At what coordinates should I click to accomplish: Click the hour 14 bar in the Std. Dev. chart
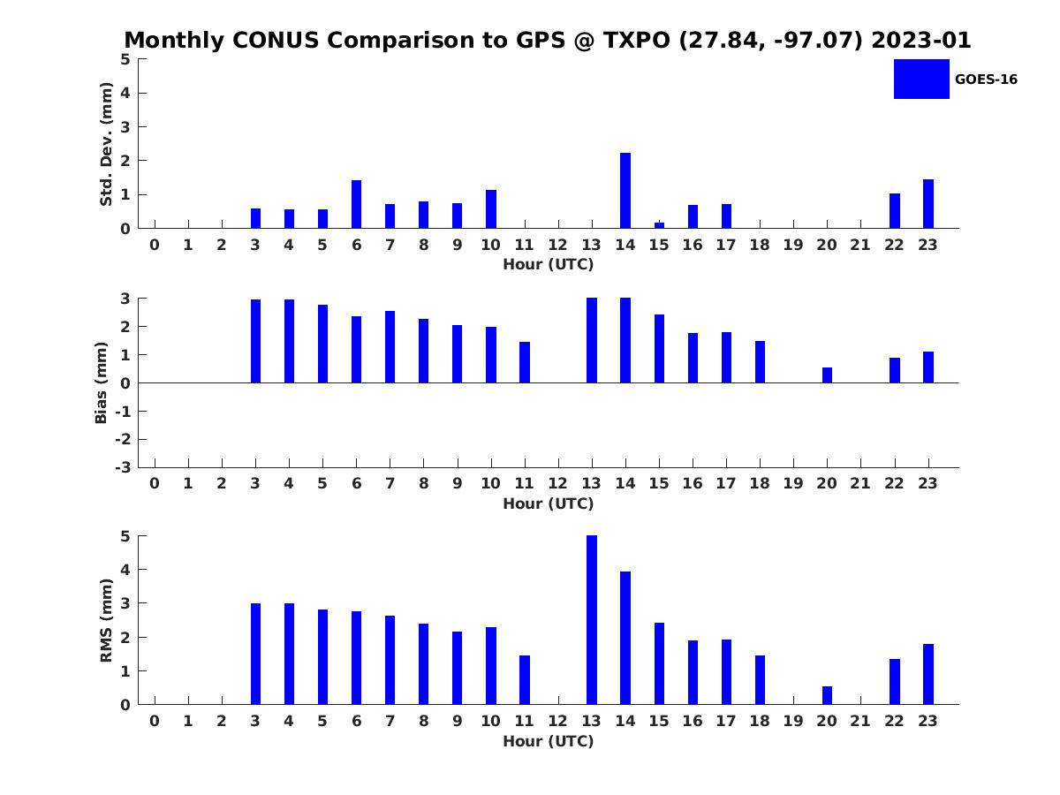click(625, 190)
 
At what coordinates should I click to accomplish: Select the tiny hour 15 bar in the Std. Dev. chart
click(659, 225)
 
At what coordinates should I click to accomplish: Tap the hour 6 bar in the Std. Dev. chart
click(356, 204)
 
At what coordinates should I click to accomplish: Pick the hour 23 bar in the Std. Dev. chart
click(927, 203)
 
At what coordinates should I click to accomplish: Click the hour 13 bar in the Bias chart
click(591, 340)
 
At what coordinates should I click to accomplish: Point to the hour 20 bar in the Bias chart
click(827, 375)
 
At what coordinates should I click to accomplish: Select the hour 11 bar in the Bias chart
click(525, 362)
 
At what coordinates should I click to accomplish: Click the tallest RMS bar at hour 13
click(591, 619)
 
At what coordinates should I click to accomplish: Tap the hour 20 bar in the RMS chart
click(827, 695)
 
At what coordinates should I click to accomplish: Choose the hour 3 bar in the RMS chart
click(255, 654)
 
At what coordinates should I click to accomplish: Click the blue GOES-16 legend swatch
click(921, 79)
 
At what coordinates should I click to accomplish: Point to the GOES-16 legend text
click(986, 79)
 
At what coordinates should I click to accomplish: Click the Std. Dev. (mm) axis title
click(106, 144)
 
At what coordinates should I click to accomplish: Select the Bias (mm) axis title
click(101, 382)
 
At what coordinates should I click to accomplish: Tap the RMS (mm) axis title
click(106, 620)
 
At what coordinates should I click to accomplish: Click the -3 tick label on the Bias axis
click(123, 467)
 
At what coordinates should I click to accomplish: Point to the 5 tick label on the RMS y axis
click(125, 536)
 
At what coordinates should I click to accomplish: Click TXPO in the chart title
click(637, 40)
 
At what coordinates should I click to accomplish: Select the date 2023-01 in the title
click(920, 40)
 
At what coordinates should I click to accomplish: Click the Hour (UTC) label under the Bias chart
click(549, 503)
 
